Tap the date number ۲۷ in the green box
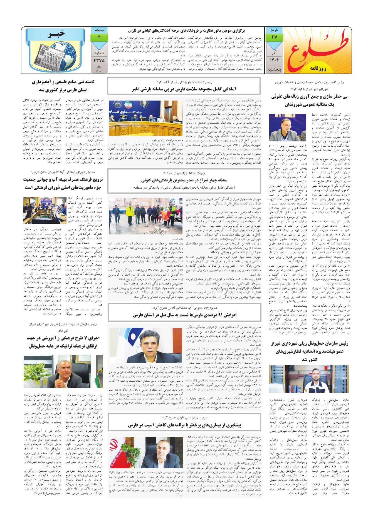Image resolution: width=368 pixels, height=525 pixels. click(x=274, y=37)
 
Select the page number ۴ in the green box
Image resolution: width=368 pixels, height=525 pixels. click(x=99, y=37)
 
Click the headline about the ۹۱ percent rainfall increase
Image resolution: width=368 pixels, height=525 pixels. click(x=184, y=315)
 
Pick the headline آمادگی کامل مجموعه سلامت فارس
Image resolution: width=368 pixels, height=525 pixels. click(x=184, y=89)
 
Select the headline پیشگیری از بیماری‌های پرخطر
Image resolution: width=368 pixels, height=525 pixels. click(x=184, y=425)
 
